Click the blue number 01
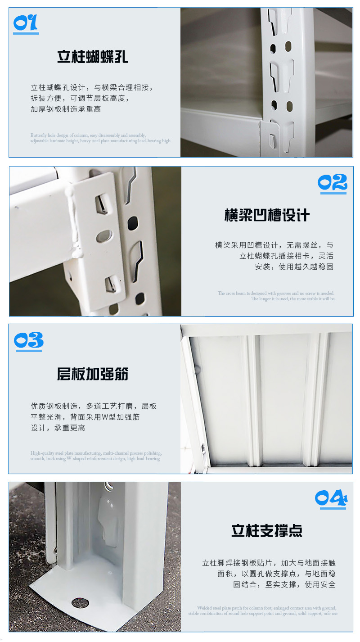coord(25,23)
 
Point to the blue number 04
coord(331,497)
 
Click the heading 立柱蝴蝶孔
coord(93,57)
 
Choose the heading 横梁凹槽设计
coord(267,215)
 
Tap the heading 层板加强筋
coord(93,374)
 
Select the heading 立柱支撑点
coord(267,530)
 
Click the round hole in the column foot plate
coord(80,603)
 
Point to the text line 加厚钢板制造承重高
coord(66,109)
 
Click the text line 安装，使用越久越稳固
coord(294,267)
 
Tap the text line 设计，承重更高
coord(58,428)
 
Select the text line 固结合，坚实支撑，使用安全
coord(284,584)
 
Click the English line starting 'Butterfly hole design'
coord(88,135)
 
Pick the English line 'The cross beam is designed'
coord(276,293)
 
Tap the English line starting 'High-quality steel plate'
coord(96,453)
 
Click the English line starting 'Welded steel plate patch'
coord(266,608)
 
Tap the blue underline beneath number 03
coord(29,350)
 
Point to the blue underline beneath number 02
coord(333,193)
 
